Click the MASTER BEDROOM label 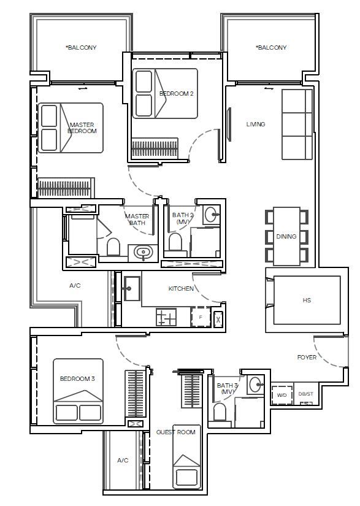[x=82, y=128]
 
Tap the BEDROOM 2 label [x=176, y=94]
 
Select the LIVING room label [x=256, y=125]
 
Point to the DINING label [x=286, y=237]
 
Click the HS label [x=307, y=301]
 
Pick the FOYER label [x=307, y=358]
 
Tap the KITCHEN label [x=181, y=288]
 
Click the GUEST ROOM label [x=175, y=432]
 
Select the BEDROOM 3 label [x=77, y=379]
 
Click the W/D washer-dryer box [x=281, y=395]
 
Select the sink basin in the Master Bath [x=144, y=252]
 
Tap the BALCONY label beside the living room [x=272, y=48]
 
